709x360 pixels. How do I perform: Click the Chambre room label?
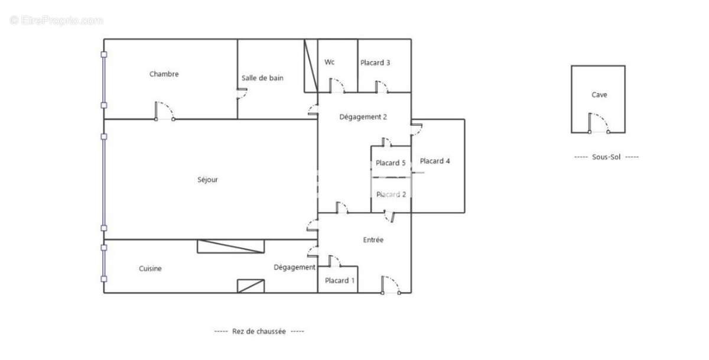(164, 74)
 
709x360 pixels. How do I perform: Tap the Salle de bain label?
(262, 78)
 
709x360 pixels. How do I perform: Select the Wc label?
(330, 62)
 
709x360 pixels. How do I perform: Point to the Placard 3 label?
(375, 63)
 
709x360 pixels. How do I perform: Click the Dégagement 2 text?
(363, 117)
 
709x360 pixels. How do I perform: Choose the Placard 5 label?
(391, 163)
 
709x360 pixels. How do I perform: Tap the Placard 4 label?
(435, 161)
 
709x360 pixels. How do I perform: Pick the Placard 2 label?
(391, 194)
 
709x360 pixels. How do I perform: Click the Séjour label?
(207, 180)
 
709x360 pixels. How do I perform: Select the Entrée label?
(373, 240)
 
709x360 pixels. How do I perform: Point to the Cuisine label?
(150, 268)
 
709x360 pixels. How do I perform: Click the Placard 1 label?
(340, 281)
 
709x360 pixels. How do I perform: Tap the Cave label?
(599, 95)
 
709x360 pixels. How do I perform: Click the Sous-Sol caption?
(606, 157)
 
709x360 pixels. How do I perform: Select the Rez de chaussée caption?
(259, 332)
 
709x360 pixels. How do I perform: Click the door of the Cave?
(599, 124)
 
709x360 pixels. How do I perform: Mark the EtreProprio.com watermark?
(57, 20)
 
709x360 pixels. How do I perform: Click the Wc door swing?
(337, 86)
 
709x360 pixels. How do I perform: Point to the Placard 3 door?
(382, 86)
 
